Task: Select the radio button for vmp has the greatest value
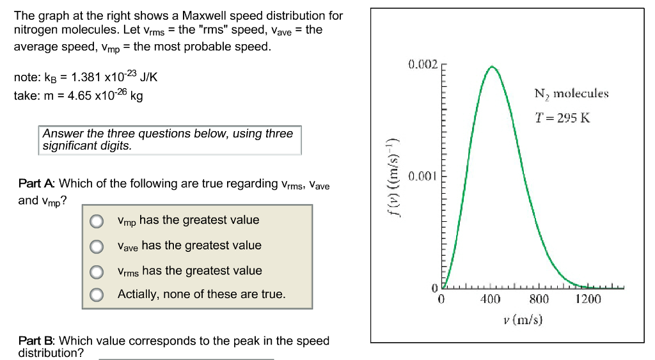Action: coord(96,221)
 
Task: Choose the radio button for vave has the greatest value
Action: coord(96,246)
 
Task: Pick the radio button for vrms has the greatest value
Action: coord(96,272)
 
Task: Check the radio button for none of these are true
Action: coord(96,295)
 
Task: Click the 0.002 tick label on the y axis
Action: coord(422,65)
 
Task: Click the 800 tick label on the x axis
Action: coord(539,299)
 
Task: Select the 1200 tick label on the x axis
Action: coord(588,299)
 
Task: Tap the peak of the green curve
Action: coord(491,67)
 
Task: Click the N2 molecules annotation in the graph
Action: coord(571,94)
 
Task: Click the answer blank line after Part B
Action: coord(185,358)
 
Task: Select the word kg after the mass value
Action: coord(136,97)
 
